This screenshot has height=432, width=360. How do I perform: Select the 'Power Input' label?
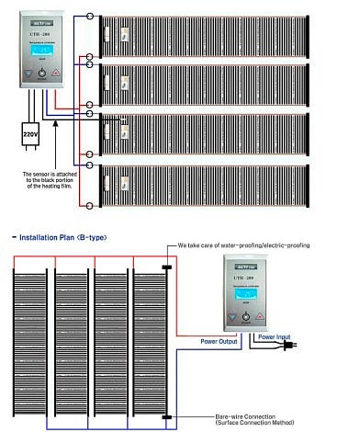click(x=276, y=336)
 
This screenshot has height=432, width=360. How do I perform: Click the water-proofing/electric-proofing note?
click(x=242, y=245)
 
